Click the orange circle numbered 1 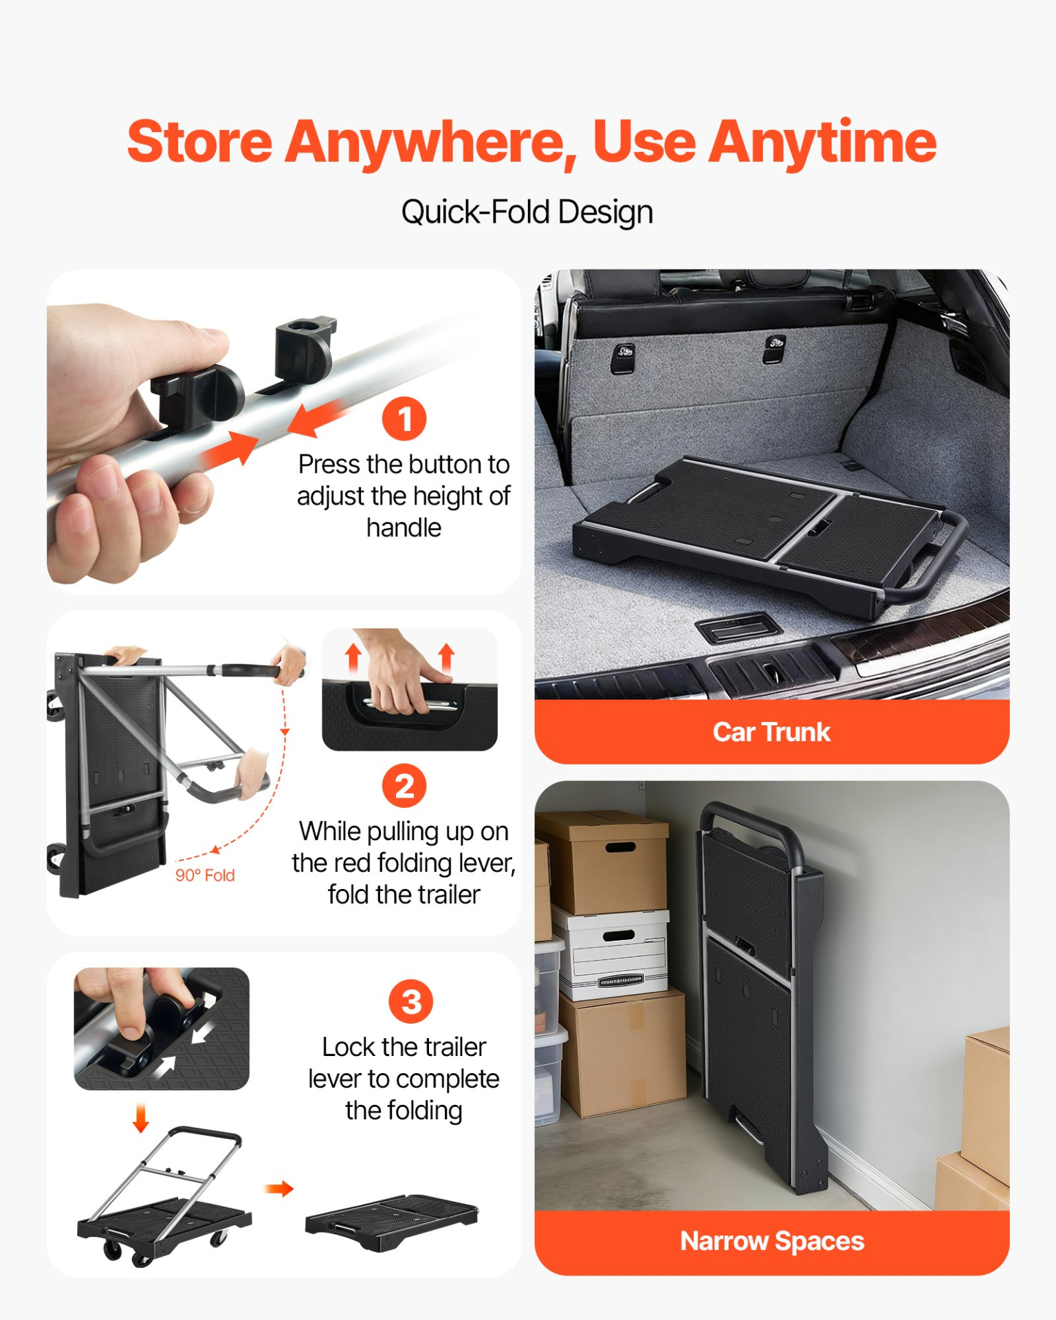pos(404,419)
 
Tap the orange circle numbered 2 pos(404,786)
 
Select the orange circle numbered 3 pos(411,1002)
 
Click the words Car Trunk pos(771,732)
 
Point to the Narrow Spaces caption pos(772,1242)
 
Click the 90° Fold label pos(205,875)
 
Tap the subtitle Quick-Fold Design pos(527,212)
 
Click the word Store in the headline pos(200,142)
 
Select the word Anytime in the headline pos(822,143)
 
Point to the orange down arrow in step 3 pos(141,1118)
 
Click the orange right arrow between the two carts pos(279,1189)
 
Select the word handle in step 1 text pos(404,528)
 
